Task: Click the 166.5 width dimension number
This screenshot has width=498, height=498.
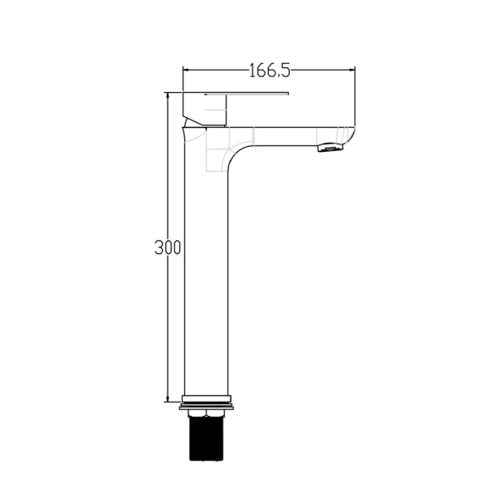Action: point(269,71)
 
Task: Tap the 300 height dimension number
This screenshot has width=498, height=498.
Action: point(168,247)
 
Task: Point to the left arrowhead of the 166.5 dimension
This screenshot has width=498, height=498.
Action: point(188,70)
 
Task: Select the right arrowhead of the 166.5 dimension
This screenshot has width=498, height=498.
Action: point(351,70)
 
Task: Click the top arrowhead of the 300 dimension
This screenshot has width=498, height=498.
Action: point(168,97)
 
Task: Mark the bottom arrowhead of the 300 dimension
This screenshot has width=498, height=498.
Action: point(168,398)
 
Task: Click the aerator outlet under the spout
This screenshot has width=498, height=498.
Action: point(330,148)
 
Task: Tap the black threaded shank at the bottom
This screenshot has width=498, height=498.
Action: point(206,438)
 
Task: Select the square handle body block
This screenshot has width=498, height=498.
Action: point(205,109)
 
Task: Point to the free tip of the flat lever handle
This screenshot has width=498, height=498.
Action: point(288,94)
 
